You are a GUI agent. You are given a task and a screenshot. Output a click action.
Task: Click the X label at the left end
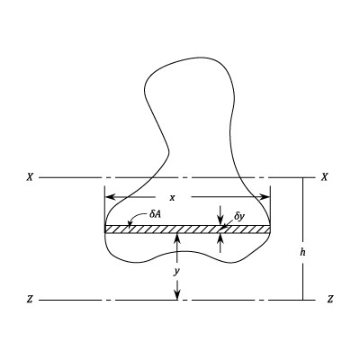click(30, 177)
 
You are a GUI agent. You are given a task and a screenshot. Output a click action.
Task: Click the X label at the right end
click(324, 177)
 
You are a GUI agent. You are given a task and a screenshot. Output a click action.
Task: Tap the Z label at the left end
click(30, 300)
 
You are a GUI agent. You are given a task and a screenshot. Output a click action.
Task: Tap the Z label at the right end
click(330, 300)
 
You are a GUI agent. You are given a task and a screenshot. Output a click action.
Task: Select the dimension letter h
click(303, 252)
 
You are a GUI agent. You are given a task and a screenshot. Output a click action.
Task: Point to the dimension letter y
click(177, 272)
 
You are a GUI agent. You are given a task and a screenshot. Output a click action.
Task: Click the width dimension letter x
click(172, 198)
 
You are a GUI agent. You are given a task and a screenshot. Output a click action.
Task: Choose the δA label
click(155, 214)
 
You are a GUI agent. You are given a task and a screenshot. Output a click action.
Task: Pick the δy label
click(239, 216)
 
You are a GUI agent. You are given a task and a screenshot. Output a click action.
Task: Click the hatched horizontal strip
click(187, 229)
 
